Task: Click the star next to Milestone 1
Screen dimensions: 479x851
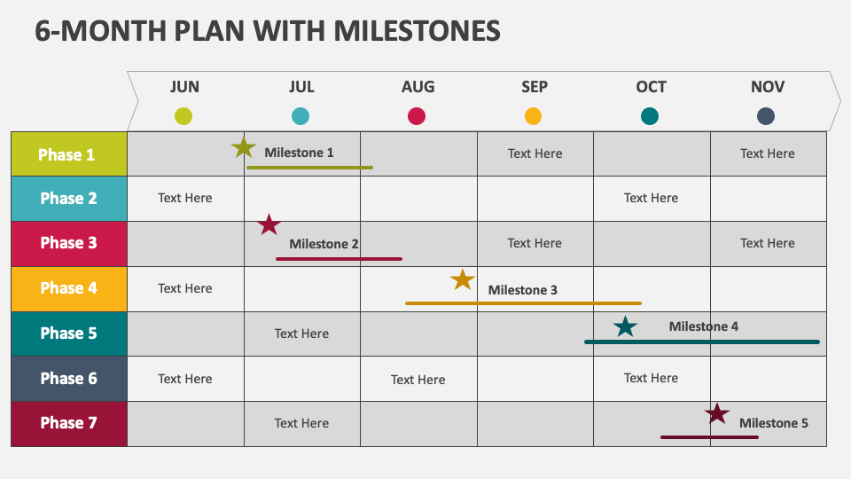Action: (244, 148)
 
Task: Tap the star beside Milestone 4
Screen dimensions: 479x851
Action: (626, 327)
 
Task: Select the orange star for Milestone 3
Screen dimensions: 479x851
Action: (463, 280)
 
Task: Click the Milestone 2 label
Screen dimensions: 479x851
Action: (324, 244)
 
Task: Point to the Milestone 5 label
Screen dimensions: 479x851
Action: (773, 423)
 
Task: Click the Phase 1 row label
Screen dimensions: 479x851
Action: (67, 154)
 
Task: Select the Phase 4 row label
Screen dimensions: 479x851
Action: (68, 288)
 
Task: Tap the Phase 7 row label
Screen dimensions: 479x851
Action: (68, 423)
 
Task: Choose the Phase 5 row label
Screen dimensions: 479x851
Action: (68, 334)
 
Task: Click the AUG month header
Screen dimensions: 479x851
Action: (418, 87)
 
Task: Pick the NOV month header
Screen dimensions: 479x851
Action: (768, 87)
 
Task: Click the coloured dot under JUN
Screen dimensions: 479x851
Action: (183, 116)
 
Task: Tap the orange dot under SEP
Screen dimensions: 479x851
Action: (533, 116)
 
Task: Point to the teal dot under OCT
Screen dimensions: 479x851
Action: (650, 116)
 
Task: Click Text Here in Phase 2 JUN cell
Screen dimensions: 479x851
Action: (185, 198)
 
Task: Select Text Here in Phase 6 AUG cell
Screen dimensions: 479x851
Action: (418, 380)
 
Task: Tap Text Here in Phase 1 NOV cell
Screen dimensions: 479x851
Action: (768, 153)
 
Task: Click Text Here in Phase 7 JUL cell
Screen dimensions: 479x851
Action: (301, 423)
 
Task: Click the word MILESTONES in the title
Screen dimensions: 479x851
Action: (417, 31)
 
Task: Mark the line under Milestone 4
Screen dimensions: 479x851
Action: (701, 342)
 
